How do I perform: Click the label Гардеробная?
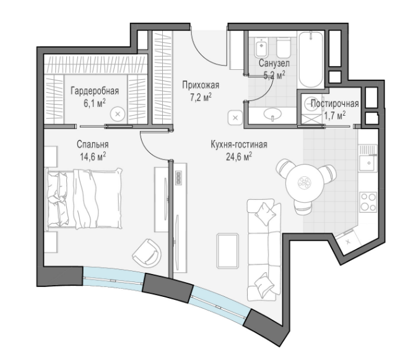tap(95, 91)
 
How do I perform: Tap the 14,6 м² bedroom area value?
tap(93, 157)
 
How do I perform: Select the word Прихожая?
tap(201, 85)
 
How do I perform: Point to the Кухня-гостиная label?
tap(239, 145)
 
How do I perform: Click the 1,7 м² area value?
tap(334, 116)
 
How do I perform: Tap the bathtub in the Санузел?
tap(311, 59)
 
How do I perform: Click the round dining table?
tap(305, 182)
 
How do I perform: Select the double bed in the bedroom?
tap(84, 199)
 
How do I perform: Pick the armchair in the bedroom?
tap(147, 253)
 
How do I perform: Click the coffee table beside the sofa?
tap(228, 251)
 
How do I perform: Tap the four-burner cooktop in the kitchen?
tap(368, 202)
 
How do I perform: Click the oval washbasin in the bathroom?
tap(272, 113)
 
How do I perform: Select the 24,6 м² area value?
tap(239, 157)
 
